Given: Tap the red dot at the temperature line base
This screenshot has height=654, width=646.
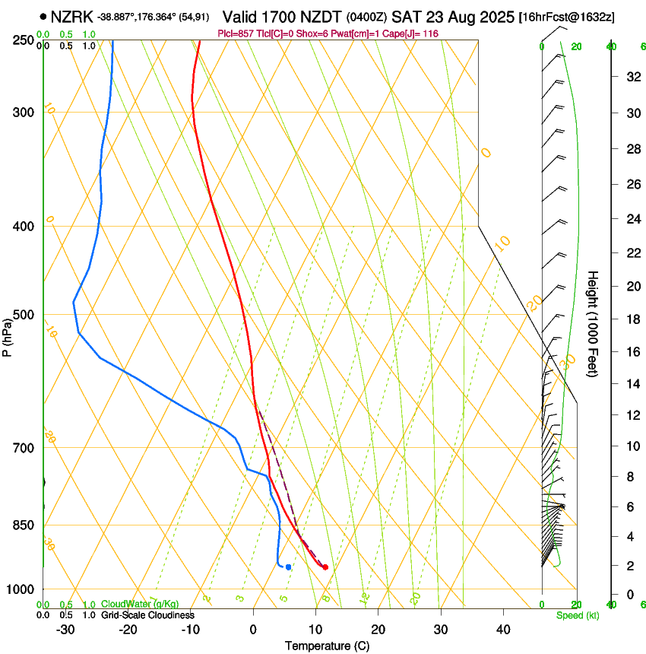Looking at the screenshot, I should [x=325, y=567].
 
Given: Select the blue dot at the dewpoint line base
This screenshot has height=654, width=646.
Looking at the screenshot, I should [x=288, y=567].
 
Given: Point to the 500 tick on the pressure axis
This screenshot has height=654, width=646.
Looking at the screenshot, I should [x=23, y=315].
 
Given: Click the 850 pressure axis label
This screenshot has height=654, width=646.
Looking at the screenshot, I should [x=23, y=525].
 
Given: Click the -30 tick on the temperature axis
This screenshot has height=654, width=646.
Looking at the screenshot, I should [x=65, y=629].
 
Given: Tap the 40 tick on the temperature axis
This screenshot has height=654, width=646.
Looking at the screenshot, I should [x=502, y=629].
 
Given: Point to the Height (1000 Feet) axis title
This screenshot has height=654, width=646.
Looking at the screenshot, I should [x=593, y=324].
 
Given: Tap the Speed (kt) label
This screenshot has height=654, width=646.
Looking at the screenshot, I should [x=577, y=615].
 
